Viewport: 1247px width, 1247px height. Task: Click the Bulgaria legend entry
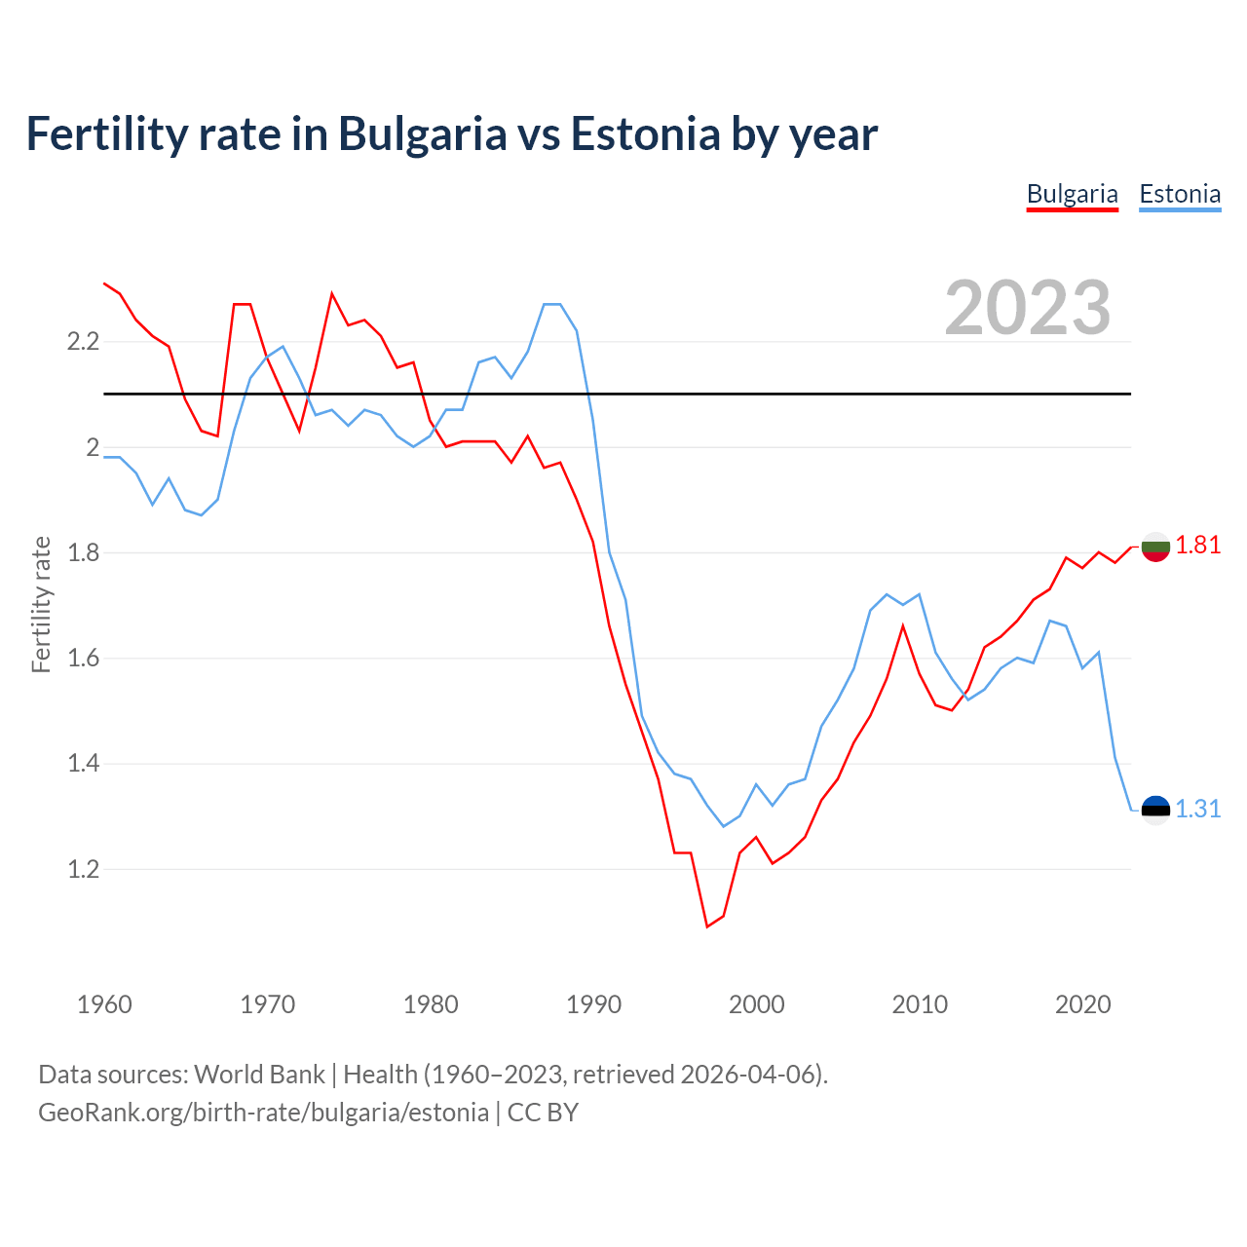pyautogui.click(x=1072, y=194)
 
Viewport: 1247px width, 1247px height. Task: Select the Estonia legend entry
pyautogui.click(x=1180, y=194)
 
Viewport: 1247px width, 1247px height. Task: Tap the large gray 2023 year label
pyautogui.click(x=1028, y=308)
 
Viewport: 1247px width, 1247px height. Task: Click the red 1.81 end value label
pyautogui.click(x=1197, y=545)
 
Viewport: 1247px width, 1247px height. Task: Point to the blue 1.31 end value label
pyautogui.click(x=1197, y=809)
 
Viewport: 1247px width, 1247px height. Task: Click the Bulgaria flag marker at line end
pyautogui.click(x=1155, y=548)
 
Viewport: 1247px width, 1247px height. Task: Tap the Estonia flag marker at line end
pyautogui.click(x=1155, y=810)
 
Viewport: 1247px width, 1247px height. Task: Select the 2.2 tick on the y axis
pyautogui.click(x=83, y=342)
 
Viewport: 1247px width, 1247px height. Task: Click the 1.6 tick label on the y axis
pyautogui.click(x=83, y=659)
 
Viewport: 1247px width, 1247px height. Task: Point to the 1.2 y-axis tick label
pyautogui.click(x=83, y=869)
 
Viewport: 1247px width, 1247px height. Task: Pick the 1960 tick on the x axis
pyautogui.click(x=104, y=1004)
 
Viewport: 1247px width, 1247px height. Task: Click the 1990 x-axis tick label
pyautogui.click(x=593, y=1004)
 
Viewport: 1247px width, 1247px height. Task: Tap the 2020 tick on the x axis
pyautogui.click(x=1082, y=1004)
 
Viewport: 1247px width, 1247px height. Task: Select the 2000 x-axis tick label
pyautogui.click(x=756, y=1004)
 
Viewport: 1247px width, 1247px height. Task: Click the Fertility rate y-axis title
pyautogui.click(x=41, y=604)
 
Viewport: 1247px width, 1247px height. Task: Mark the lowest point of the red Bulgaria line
pyautogui.click(x=707, y=926)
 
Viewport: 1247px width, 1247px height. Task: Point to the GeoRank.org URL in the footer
pyautogui.click(x=263, y=1113)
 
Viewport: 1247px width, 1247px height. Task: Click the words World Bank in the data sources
pyautogui.click(x=259, y=1075)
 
